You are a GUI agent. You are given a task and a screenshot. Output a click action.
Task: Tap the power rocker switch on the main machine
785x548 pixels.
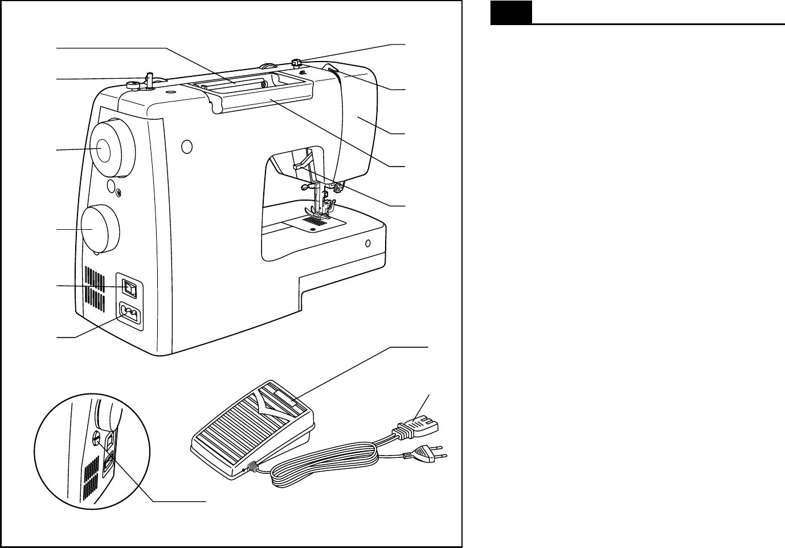click(130, 290)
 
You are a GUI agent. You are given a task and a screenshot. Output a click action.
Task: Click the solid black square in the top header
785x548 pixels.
click(511, 13)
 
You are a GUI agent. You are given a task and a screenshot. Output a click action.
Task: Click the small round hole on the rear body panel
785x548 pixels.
click(185, 147)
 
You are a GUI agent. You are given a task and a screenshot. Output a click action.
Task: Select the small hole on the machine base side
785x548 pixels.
click(367, 243)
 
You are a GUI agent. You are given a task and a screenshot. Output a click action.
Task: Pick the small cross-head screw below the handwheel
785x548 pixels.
click(119, 193)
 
